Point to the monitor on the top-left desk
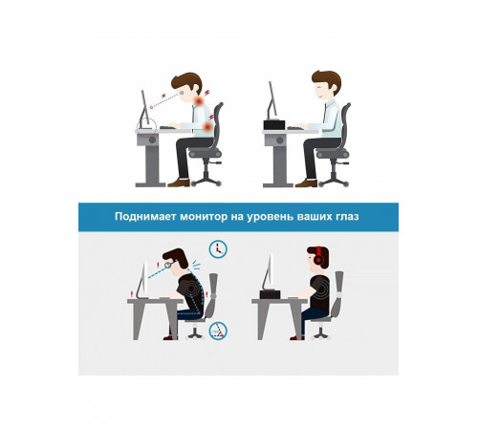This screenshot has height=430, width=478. (x=144, y=108)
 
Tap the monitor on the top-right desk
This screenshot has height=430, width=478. (x=272, y=101)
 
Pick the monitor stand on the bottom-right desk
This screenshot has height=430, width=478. (x=268, y=291)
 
